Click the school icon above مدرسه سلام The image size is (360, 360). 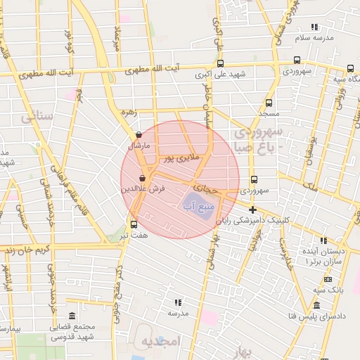tap(314, 27)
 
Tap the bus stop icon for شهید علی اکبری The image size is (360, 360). tap(220, 63)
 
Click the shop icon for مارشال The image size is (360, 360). tap(139, 135)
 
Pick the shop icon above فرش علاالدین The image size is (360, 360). tap(143, 179)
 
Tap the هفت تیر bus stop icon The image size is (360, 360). tap(134, 224)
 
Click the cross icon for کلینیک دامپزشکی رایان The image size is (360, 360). tap(252, 210)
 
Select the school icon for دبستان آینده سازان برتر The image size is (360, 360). tap(323, 240)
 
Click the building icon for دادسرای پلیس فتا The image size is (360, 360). tap(316, 306)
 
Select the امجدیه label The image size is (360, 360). tap(161, 342)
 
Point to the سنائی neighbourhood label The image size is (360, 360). tap(37, 116)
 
